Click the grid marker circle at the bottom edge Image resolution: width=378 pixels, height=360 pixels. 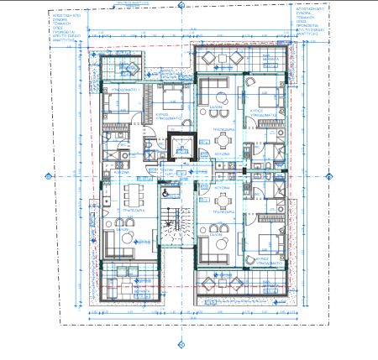tap(180, 342)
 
